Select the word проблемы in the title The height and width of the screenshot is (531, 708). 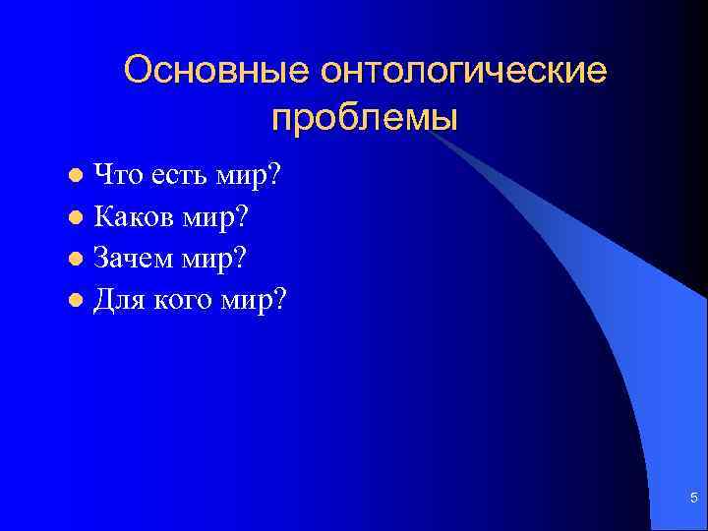(366, 119)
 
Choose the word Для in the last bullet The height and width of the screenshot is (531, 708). (115, 298)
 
